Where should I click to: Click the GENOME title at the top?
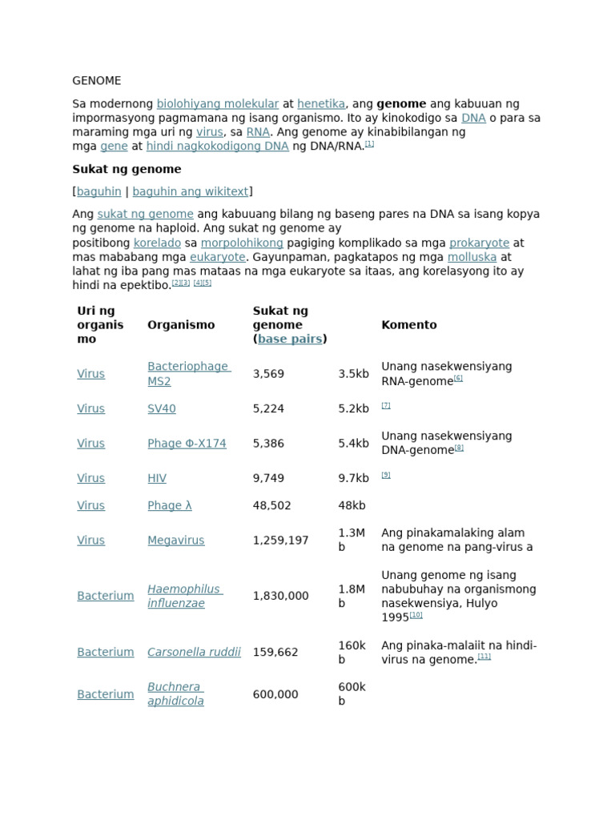coord(97,81)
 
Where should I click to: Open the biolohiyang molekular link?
coord(217,104)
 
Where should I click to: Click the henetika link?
coord(320,104)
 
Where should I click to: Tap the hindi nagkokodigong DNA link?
coord(217,147)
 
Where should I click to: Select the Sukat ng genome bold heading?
coord(127,169)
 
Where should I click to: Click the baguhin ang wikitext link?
coord(190,191)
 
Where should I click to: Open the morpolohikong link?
coord(242,243)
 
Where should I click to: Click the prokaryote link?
coord(479,243)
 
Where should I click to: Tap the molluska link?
coord(472,257)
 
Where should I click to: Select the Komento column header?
coord(408,325)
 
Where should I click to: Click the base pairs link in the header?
coord(290,339)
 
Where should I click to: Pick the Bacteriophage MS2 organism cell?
coord(188,373)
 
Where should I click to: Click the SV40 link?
coord(161,408)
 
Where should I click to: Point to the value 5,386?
coord(268,444)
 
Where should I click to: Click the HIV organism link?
coord(157,478)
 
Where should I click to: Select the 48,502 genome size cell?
coord(271,505)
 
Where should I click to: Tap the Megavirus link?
coord(175,541)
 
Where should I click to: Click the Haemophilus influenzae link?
coord(184,596)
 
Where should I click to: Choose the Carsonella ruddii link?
coord(194,652)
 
